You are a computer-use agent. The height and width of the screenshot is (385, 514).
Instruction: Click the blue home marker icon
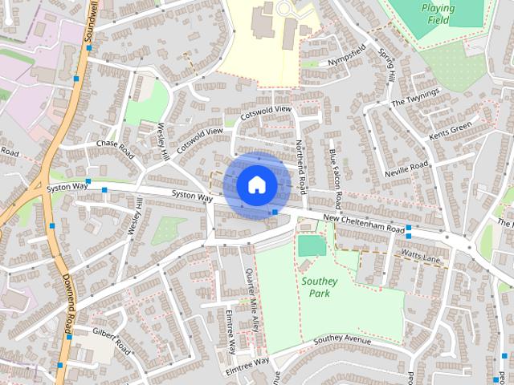(x=255, y=185)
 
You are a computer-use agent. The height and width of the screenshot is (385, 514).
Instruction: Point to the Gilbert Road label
(x=111, y=340)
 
